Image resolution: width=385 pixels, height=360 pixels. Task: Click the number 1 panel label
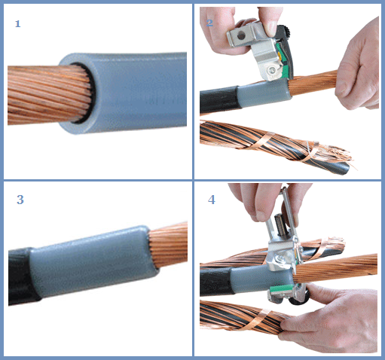[17, 24]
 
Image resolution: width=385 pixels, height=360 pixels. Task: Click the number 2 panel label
[209, 23]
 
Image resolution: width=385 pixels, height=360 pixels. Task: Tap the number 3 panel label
[20, 200]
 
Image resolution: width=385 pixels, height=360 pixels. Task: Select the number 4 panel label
[212, 200]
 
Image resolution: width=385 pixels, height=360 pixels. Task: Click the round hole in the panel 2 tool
[241, 36]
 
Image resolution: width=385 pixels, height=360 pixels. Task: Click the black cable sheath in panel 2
[219, 100]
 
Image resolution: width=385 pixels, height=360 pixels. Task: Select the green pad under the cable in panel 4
[280, 288]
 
